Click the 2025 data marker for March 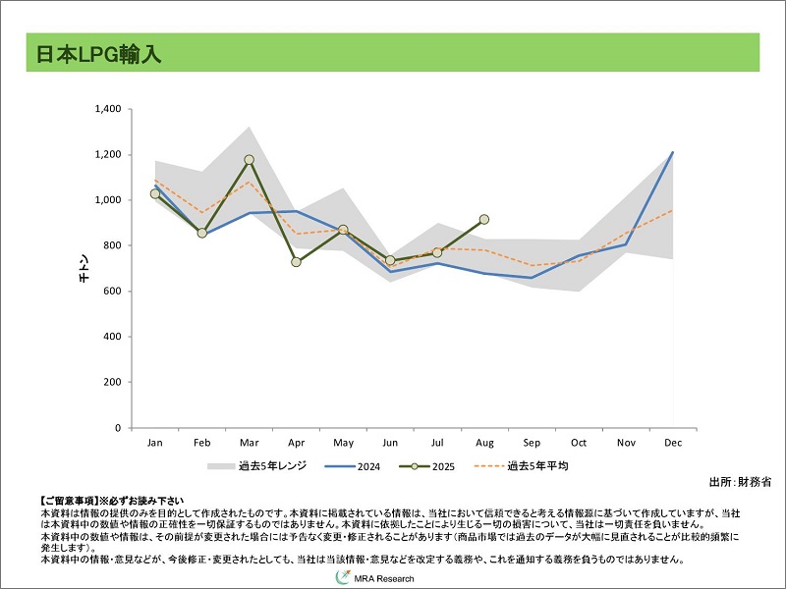(249, 159)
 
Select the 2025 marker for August (484, 220)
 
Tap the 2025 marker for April (296, 261)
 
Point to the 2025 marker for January (155, 193)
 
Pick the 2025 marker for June (390, 260)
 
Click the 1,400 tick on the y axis (106, 109)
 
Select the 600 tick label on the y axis (111, 292)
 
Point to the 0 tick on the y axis (116, 428)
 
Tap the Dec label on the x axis (673, 444)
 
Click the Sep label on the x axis (532, 444)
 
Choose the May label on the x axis (343, 444)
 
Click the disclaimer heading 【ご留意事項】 (69, 501)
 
